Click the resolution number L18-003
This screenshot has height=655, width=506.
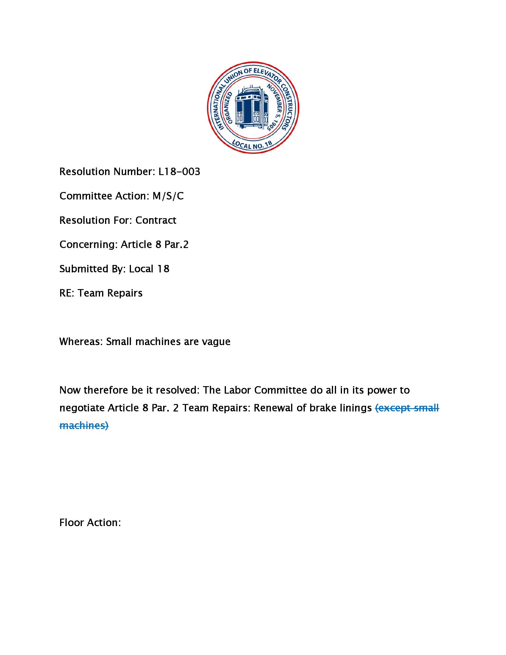[179, 171]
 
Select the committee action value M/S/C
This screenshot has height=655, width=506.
[168, 196]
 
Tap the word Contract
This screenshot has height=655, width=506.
[156, 220]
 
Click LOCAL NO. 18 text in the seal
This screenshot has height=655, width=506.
[252, 145]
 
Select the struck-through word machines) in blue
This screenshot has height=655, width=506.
[84, 425]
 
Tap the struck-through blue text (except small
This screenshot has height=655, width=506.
[407, 408]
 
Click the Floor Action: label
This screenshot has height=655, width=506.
[90, 523]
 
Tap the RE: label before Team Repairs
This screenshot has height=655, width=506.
[67, 293]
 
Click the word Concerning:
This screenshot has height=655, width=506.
[88, 244]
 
